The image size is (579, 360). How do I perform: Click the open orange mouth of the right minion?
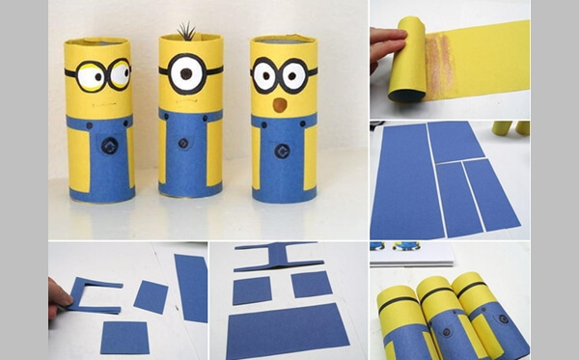tap(279, 103)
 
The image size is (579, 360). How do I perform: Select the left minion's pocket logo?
tap(108, 147)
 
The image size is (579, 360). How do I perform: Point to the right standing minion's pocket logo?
tap(282, 151)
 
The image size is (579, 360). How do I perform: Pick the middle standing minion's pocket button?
tap(189, 147)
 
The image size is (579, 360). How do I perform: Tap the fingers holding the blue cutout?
tap(59, 292)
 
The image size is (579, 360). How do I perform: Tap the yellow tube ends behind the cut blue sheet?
tap(510, 127)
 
